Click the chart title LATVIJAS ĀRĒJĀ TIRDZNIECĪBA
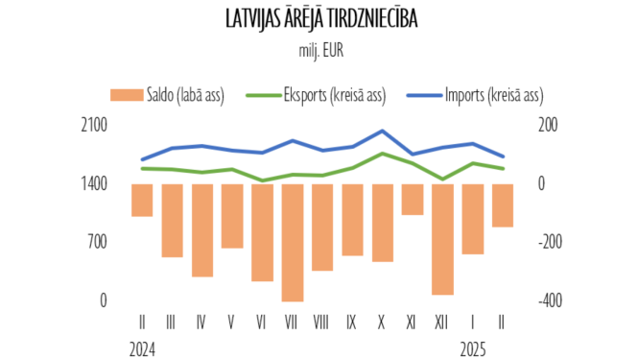pos(319,20)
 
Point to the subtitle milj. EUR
pos(319,48)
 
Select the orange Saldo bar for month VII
pos(293,242)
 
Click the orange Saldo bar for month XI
pos(413,199)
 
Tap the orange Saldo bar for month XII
pos(442,239)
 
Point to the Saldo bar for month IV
pos(202,229)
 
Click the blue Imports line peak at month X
pos(383,131)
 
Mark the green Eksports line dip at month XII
pos(442,179)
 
